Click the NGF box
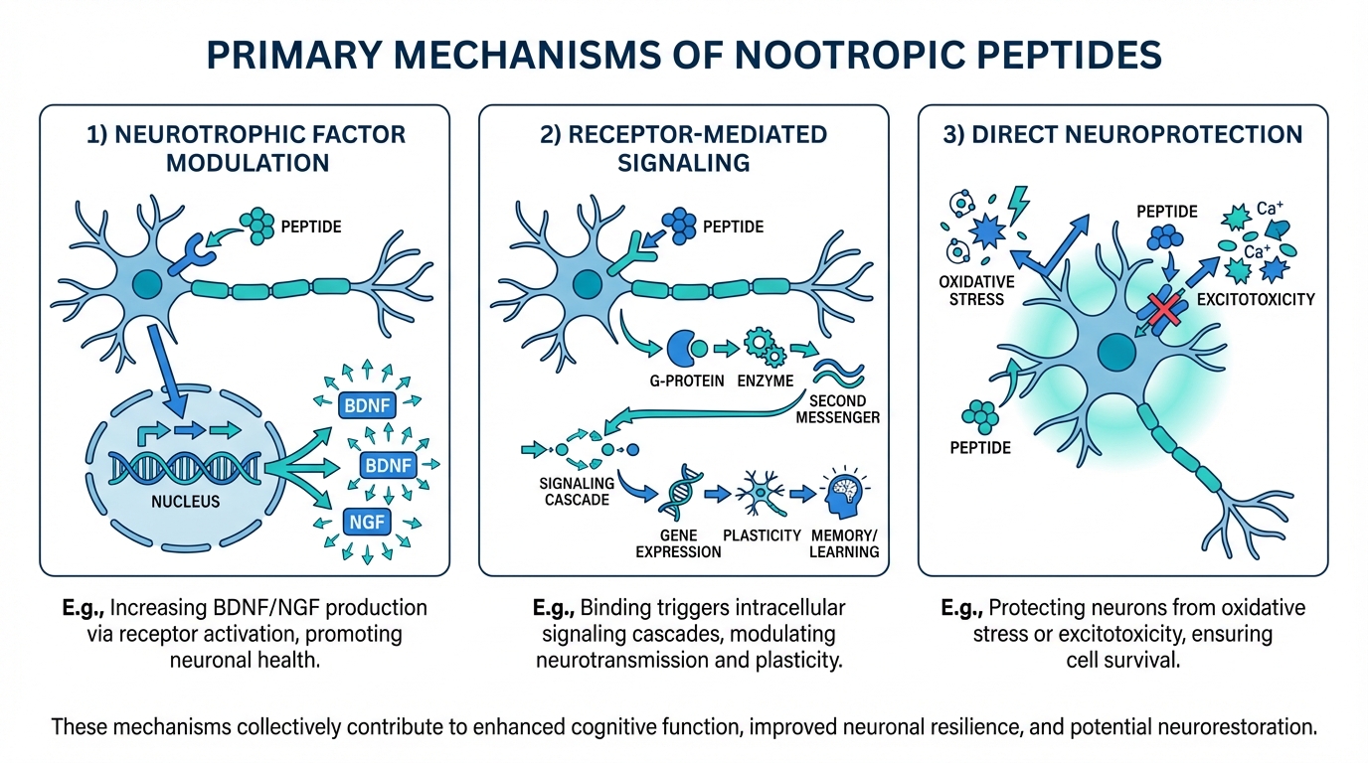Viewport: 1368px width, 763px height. [x=367, y=521]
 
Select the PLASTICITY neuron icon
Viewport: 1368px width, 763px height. [x=762, y=493]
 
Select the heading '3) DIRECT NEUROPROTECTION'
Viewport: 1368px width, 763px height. [x=1122, y=134]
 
